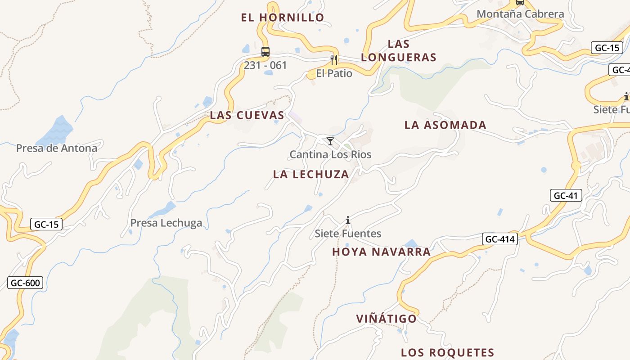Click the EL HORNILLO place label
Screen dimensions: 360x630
click(x=283, y=18)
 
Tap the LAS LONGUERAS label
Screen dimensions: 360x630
click(x=399, y=50)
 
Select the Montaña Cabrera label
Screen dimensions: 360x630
click(x=520, y=14)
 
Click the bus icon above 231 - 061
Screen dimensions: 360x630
click(x=265, y=51)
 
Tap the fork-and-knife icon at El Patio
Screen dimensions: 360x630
click(x=334, y=59)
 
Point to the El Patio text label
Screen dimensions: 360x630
click(x=334, y=73)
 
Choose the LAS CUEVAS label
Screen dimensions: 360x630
click(x=247, y=115)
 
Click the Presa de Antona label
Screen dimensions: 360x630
click(x=57, y=148)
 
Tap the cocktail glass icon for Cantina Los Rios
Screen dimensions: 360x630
click(x=330, y=141)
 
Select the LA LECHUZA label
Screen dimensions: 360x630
click(x=311, y=174)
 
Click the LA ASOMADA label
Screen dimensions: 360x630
click(x=445, y=125)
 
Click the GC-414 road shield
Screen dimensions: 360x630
click(x=499, y=239)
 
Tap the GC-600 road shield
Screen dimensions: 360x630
click(x=25, y=283)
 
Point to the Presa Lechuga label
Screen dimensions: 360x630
click(x=166, y=223)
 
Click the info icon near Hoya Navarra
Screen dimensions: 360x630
click(x=348, y=220)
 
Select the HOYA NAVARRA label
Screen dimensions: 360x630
click(x=381, y=252)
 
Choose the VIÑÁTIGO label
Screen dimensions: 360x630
click(x=387, y=319)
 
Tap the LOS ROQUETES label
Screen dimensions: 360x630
click(x=447, y=352)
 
